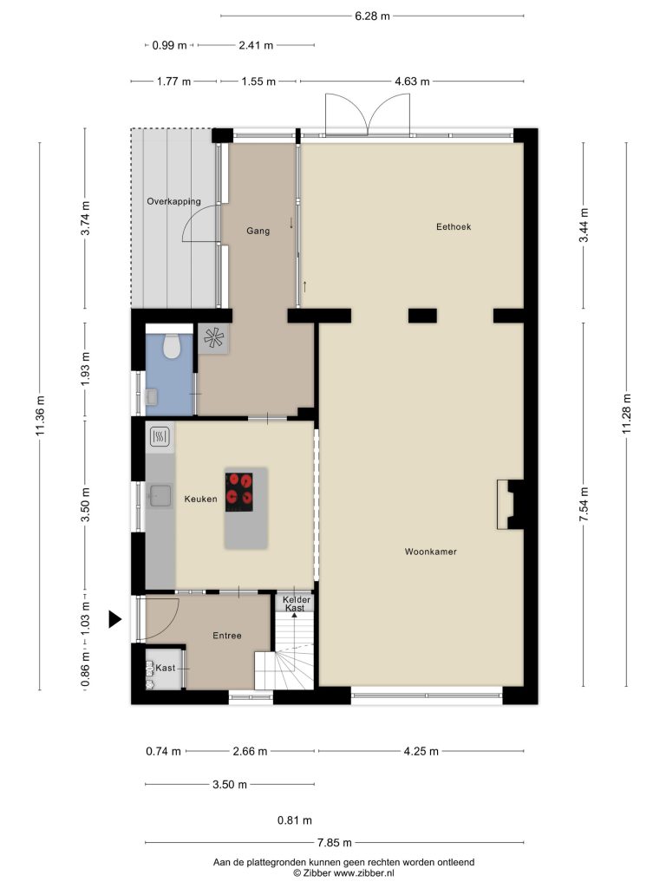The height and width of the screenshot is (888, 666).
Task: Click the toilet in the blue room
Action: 171,345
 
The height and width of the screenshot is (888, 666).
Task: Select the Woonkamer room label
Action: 430,552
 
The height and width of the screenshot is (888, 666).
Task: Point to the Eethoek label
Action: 453,227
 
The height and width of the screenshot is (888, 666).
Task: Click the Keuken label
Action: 200,499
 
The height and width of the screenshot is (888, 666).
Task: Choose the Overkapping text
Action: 173,201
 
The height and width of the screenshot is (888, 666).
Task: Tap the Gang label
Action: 258,231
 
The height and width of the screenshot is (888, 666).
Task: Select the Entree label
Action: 227,636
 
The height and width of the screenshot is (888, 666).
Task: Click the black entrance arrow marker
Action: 115,619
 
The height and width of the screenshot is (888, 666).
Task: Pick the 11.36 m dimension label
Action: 40,416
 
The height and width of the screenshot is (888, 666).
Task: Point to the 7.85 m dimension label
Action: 334,843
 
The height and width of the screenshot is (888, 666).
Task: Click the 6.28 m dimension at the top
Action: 372,16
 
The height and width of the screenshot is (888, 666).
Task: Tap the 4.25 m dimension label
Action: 421,752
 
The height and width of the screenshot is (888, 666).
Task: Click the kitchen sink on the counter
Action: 160,495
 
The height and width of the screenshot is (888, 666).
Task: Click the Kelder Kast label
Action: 296,604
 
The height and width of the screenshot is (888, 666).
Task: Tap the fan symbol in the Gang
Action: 213,339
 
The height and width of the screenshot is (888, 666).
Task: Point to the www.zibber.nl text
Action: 363,873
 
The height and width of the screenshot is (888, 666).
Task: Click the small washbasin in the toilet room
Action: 151,396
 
